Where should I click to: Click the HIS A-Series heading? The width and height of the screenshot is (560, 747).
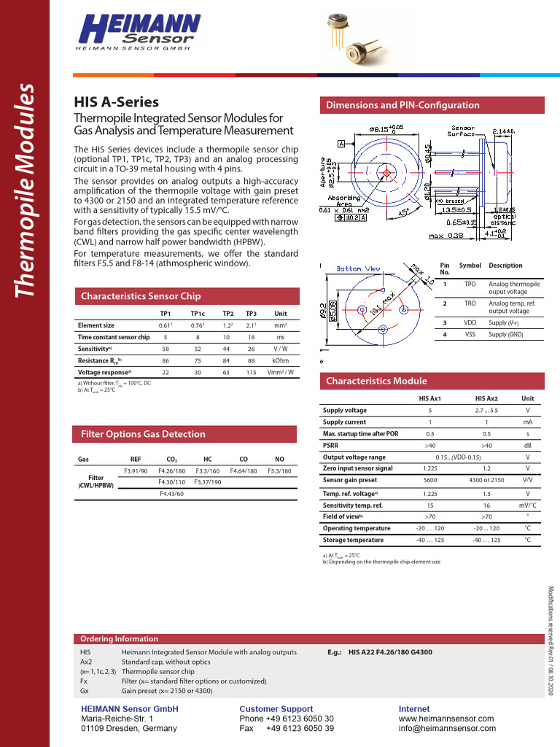[117, 103]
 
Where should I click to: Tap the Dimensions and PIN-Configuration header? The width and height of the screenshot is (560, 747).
[402, 105]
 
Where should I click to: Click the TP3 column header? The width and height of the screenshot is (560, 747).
[252, 313]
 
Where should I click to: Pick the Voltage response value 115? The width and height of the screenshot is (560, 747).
[252, 372]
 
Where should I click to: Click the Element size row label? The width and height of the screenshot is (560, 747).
[96, 325]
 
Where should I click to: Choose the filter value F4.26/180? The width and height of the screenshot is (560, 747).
[172, 471]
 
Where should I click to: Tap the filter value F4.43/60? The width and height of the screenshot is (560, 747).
[172, 495]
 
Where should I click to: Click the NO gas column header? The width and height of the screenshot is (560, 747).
[279, 460]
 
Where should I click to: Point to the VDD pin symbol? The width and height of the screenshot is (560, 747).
[470, 322]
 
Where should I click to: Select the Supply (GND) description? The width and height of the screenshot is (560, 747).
[506, 334]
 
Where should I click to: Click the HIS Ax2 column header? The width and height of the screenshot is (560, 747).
[486, 398]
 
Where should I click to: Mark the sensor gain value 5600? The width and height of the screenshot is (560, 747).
[429, 481]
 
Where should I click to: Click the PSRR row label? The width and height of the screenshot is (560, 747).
[331, 445]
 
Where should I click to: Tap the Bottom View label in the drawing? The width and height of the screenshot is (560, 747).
[358, 268]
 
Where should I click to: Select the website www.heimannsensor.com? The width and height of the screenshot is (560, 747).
[446, 719]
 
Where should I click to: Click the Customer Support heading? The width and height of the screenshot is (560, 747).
[276, 709]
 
